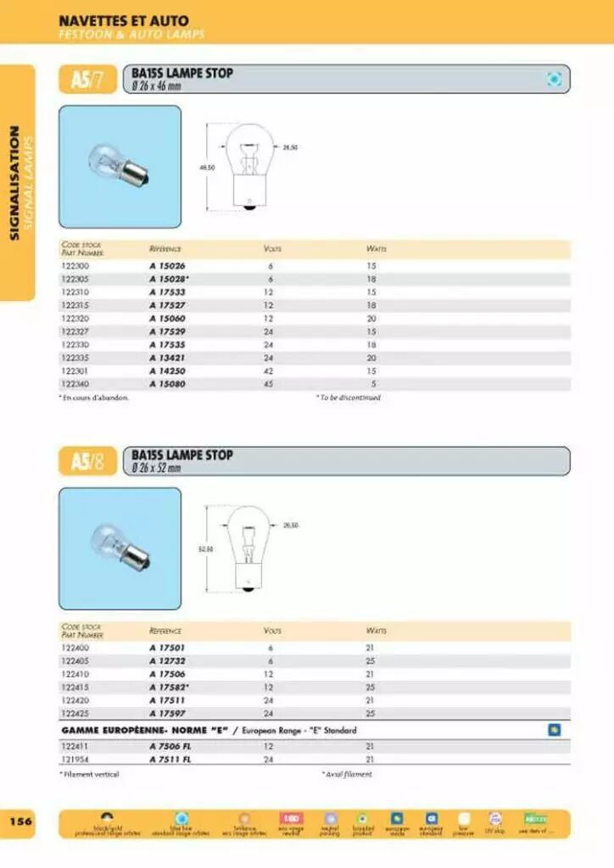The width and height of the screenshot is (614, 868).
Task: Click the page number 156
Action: pos(20,821)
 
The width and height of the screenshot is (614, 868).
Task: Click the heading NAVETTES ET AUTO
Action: pos(124,20)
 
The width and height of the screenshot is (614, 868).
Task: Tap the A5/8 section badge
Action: pos(87,462)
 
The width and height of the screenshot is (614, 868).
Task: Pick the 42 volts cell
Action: pos(268,370)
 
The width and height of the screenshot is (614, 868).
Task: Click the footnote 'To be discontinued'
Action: pos(350,397)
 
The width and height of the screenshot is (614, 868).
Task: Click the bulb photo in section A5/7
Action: pos(120,166)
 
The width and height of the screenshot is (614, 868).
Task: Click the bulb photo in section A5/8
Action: pos(120,548)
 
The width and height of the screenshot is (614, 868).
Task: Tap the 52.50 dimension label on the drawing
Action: pos(205,549)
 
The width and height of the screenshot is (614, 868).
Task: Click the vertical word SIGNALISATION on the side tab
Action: pos(14,182)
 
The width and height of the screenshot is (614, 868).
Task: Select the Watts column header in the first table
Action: pos(376,249)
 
